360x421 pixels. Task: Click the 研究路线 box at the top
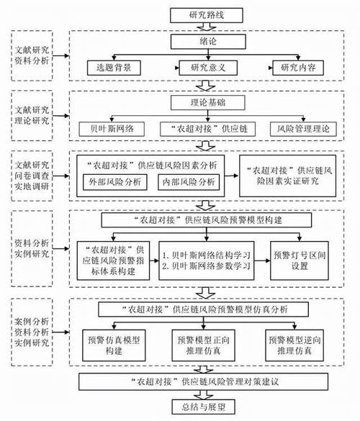click(x=207, y=15)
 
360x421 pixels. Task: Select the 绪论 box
click(x=208, y=42)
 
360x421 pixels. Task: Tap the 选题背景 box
click(x=114, y=68)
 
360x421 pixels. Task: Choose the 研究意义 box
click(x=208, y=68)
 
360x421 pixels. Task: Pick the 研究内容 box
click(x=298, y=68)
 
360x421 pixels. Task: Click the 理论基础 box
click(x=207, y=103)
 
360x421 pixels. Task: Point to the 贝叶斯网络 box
click(x=112, y=129)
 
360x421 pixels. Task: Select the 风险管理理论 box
click(x=303, y=129)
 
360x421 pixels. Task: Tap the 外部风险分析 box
click(x=115, y=182)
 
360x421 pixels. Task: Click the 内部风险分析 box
click(x=189, y=182)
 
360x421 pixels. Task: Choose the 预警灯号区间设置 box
click(x=300, y=261)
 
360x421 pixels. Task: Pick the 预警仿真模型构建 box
click(x=114, y=345)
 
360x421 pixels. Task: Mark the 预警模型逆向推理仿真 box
click(x=294, y=345)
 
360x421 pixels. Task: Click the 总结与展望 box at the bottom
click(x=203, y=407)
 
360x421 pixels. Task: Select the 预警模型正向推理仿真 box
click(x=203, y=345)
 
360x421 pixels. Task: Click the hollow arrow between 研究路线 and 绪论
click(x=207, y=27)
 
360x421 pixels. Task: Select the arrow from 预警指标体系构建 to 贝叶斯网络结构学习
click(x=154, y=261)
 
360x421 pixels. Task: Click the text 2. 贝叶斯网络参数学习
click(x=206, y=266)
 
